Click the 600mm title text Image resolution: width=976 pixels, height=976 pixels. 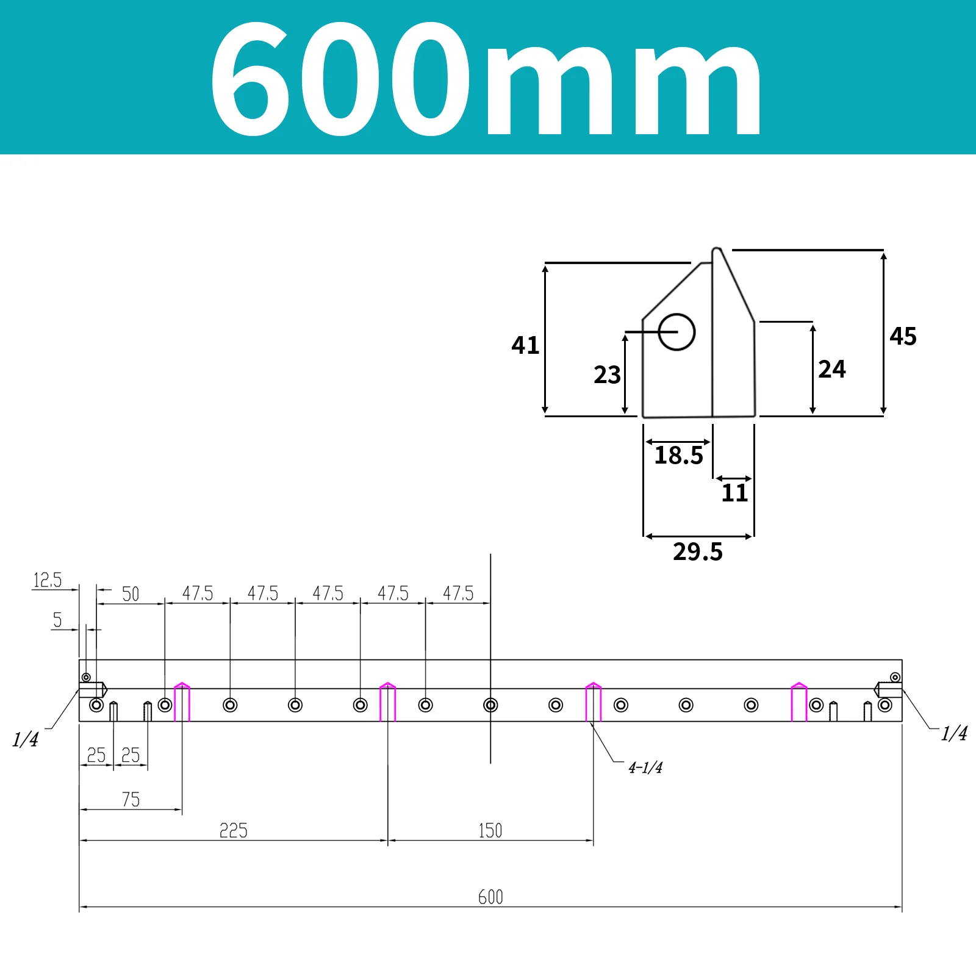click(486, 79)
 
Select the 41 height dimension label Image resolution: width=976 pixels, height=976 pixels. click(525, 345)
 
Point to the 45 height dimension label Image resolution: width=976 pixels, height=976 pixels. click(903, 336)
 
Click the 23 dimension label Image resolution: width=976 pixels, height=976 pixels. click(607, 375)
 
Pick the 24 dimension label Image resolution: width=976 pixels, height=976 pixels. click(832, 369)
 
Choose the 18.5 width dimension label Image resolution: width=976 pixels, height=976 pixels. click(678, 455)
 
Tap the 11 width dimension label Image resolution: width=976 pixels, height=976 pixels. click(734, 493)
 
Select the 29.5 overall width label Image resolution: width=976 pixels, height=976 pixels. click(698, 551)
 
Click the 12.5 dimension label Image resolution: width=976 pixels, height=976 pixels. click(48, 579)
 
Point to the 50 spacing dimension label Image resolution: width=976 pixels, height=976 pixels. click(131, 594)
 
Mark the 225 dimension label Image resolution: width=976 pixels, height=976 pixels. click(233, 830)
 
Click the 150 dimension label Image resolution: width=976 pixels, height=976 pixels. click(490, 830)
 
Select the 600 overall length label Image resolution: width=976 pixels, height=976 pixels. click(490, 897)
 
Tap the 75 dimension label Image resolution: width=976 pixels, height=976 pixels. click(131, 799)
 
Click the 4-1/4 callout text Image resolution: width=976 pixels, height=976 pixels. click(645, 767)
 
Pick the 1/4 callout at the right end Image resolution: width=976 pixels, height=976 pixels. click(954, 733)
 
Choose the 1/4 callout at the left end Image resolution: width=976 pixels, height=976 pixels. click(25, 739)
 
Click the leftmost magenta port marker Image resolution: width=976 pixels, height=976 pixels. click(182, 701)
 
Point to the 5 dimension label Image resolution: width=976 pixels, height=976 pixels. click(57, 620)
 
